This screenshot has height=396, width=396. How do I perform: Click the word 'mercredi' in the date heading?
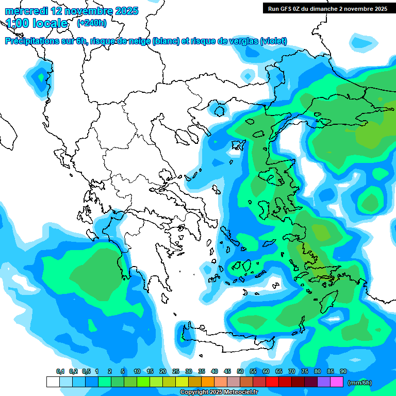[25, 11]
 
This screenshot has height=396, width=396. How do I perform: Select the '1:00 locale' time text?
[37, 23]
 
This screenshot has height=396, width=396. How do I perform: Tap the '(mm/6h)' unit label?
[359, 383]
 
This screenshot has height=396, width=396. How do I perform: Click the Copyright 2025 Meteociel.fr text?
[219, 392]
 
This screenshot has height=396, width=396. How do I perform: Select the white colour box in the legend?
[53, 382]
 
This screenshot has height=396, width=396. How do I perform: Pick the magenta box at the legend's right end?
[337, 382]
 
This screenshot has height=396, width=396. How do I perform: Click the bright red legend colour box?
[272, 382]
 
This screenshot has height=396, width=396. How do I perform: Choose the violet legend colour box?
[324, 382]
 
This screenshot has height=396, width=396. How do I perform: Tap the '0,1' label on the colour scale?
[60, 372]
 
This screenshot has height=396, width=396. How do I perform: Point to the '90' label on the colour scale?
[343, 372]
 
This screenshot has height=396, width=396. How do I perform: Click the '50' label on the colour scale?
[240, 372]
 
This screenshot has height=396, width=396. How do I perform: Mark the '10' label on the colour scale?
[137, 372]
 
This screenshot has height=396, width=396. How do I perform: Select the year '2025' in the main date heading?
[126, 11]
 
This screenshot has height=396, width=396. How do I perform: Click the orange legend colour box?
[208, 382]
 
